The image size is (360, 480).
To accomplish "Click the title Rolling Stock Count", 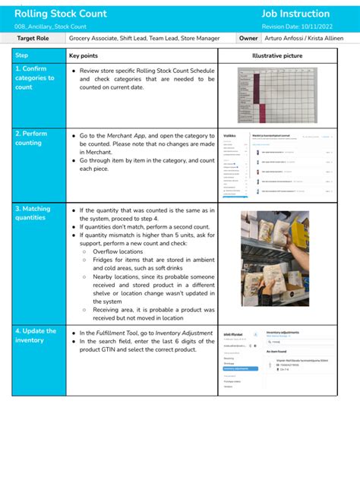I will coord(61,14).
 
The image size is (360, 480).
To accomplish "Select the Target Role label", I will coord(33,38).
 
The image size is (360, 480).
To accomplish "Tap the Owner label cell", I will coord(248,38).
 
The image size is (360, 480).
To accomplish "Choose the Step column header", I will coord(22,55).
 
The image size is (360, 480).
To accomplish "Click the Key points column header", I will coord(83,55).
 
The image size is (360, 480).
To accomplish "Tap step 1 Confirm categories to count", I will coord(35,77).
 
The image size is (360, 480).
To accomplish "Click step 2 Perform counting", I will coord(32,137).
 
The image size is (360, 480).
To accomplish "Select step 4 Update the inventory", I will coord(35,335).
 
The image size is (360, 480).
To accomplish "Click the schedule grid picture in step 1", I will coord(276,94).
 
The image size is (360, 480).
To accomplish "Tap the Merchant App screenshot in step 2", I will coord(276,166).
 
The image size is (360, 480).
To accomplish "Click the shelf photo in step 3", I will coord(275,258).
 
